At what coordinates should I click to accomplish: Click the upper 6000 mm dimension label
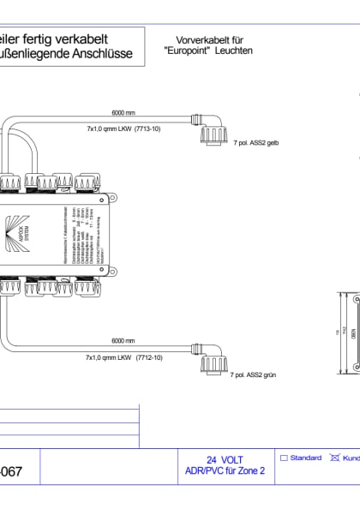124,112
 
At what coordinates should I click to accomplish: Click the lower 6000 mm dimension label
124,340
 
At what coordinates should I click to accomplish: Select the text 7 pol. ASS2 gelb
256,146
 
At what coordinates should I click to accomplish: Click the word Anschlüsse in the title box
103,54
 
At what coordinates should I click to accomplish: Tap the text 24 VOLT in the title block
225,459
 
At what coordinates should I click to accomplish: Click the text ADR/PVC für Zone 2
225,470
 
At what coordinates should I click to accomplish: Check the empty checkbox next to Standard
285,458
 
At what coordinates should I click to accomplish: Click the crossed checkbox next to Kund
335,458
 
